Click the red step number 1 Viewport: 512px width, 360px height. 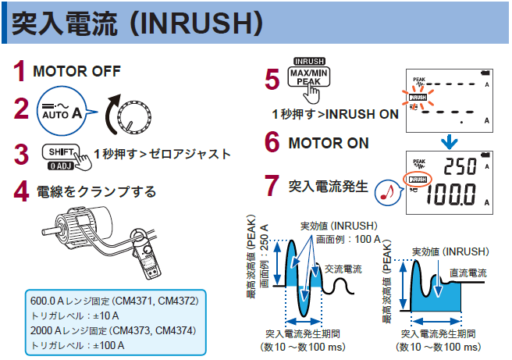[x=20, y=72]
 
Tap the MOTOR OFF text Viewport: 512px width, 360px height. [x=76, y=72]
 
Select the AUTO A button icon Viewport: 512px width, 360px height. [x=60, y=112]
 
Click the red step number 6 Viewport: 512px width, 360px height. [x=272, y=143]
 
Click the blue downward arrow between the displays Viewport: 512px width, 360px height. [x=448, y=141]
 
